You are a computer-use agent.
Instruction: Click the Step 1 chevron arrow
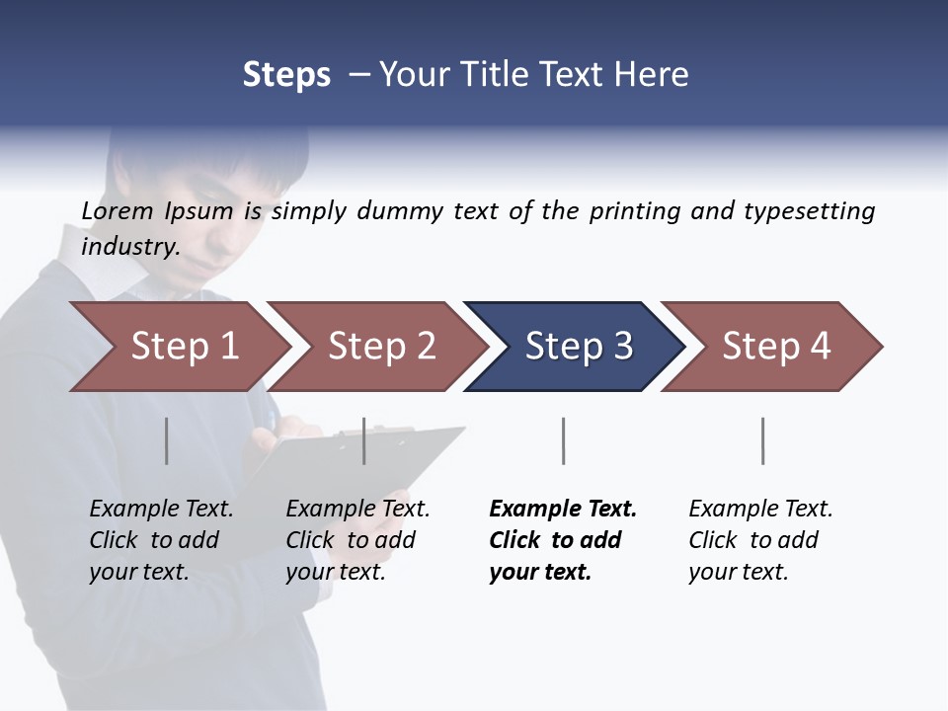[178, 347]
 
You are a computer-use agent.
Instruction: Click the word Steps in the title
[286, 74]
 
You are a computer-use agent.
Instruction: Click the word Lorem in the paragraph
[118, 210]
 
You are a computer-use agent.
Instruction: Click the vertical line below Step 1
[166, 440]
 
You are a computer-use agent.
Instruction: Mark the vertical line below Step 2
[364, 440]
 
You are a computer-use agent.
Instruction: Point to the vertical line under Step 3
[563, 440]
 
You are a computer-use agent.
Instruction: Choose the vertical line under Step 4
[762, 440]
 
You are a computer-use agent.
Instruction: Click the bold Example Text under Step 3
[563, 510]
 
